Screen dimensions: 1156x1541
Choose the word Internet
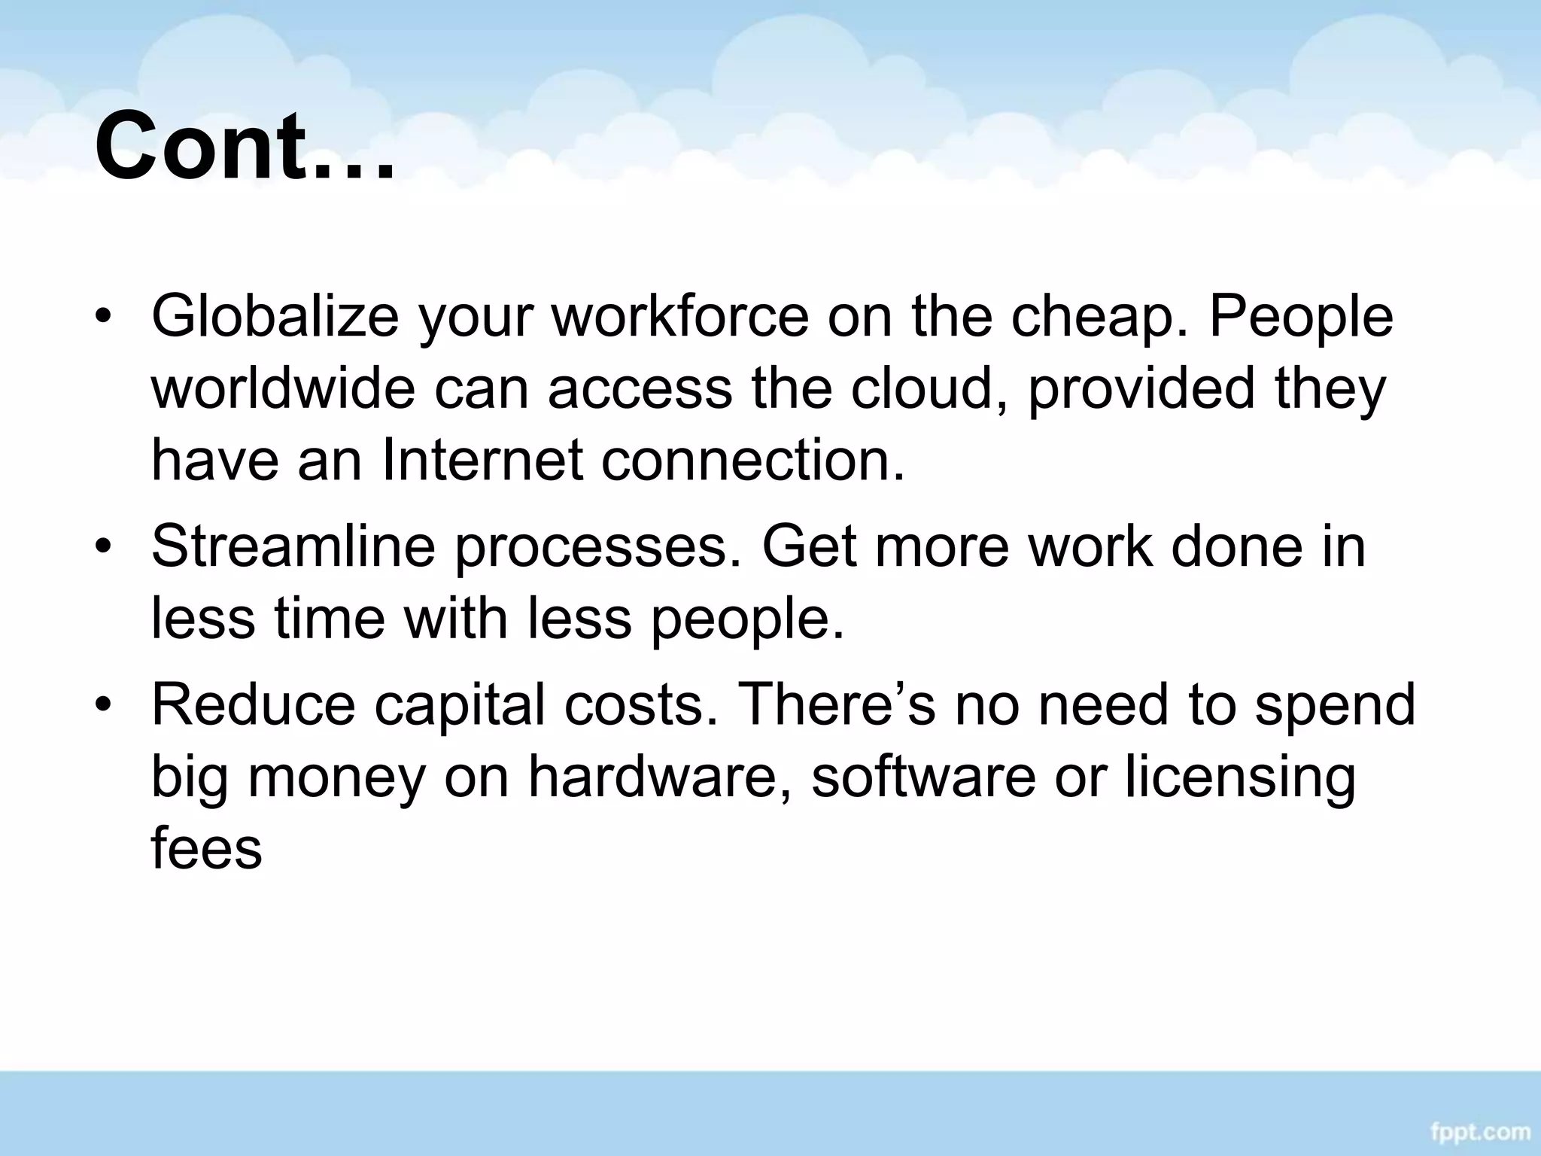[x=482, y=461]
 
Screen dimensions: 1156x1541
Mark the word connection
[x=752, y=461]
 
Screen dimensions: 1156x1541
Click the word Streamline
[x=293, y=546]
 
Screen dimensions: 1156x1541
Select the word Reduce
[x=253, y=705]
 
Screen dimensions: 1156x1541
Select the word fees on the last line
[x=206, y=849]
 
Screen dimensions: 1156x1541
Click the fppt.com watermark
[x=1479, y=1132]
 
